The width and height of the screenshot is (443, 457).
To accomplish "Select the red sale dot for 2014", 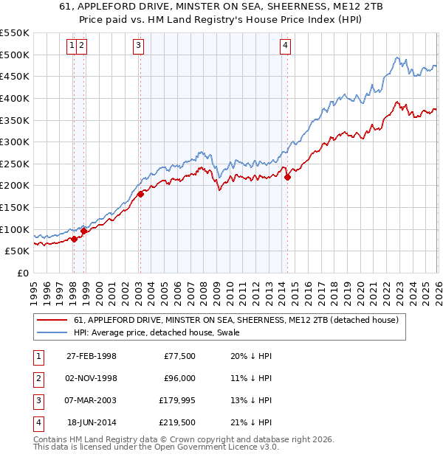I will click(288, 176).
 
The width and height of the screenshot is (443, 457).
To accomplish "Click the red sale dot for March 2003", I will click(140, 195).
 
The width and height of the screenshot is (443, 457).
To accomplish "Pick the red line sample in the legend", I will click(52, 320).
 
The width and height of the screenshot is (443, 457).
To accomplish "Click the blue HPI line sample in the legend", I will click(52, 332).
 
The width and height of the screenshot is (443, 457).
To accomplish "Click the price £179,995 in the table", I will click(176, 400).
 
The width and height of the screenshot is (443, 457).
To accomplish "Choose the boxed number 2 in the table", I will click(36, 378).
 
